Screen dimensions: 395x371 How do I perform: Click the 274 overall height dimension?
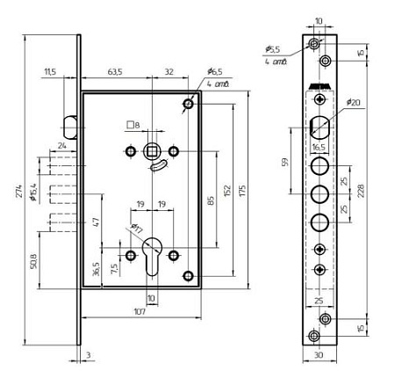coord(19,191)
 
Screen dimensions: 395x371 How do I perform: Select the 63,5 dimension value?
coord(115,72)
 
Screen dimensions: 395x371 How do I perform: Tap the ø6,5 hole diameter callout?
coord(215,71)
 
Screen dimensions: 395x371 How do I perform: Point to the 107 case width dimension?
coord(140,312)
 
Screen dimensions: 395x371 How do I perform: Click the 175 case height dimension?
coord(243,191)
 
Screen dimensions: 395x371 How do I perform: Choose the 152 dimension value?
coord(228,191)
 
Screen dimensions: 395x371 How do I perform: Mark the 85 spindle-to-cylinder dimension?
coord(211,200)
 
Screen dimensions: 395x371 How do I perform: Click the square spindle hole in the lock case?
coord(152,151)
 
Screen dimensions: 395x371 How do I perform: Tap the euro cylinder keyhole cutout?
coord(152,256)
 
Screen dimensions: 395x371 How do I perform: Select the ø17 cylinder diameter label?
coord(137,229)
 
